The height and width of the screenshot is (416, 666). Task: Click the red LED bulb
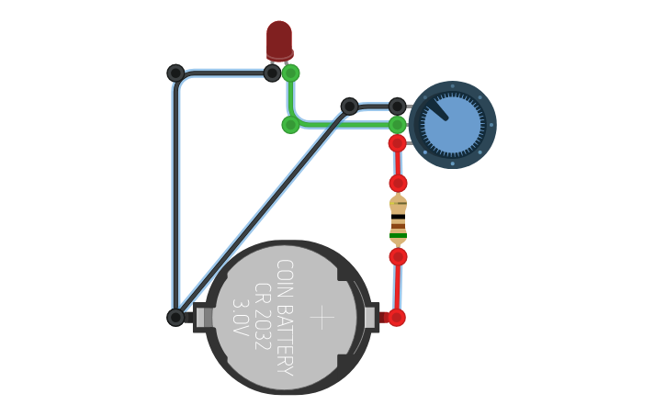click(x=279, y=39)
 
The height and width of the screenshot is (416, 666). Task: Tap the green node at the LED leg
click(x=290, y=73)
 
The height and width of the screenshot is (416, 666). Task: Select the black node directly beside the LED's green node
click(x=272, y=73)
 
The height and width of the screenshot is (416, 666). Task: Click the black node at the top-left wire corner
click(x=175, y=73)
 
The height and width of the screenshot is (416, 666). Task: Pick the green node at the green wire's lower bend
click(x=290, y=124)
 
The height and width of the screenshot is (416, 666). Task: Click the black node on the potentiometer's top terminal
click(x=397, y=107)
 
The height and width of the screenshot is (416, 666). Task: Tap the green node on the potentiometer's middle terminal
click(x=397, y=124)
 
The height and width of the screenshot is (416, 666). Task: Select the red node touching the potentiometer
click(x=397, y=143)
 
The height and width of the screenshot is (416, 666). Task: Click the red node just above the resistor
click(x=398, y=183)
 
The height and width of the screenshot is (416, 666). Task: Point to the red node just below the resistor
click(x=398, y=256)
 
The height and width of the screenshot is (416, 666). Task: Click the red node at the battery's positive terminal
click(x=397, y=318)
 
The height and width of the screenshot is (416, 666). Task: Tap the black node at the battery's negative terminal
click(x=175, y=318)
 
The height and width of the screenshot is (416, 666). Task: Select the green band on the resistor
click(x=398, y=235)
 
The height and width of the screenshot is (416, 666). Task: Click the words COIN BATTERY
click(x=285, y=317)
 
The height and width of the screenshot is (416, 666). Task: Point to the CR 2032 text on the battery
click(x=262, y=317)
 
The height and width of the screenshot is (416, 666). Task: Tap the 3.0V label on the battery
click(x=240, y=317)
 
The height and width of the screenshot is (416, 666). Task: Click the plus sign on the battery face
click(x=322, y=318)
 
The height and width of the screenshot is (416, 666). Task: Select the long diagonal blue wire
click(x=262, y=212)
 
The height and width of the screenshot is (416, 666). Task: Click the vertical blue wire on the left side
click(x=175, y=193)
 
